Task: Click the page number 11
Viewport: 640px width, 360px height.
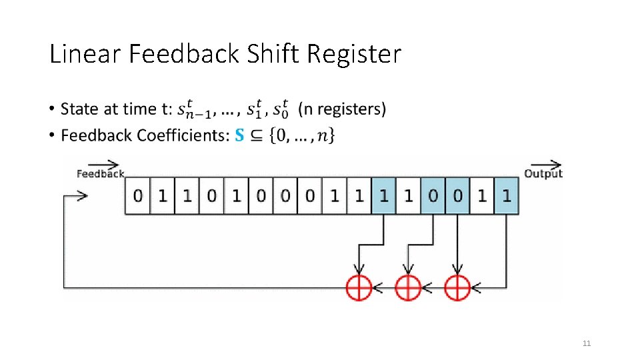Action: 587,343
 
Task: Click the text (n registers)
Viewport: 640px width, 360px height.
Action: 341,109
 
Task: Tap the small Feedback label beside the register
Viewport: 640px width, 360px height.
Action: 100,173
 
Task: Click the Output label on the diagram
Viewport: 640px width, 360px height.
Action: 543,173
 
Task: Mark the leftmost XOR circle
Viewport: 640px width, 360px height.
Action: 359,288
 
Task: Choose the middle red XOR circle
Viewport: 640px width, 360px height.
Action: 407,288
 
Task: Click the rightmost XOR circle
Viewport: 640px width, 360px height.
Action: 457,288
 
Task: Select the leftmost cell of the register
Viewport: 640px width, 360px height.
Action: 137,196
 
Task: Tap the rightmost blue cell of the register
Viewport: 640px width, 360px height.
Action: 507,196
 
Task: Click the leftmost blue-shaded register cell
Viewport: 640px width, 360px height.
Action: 383,196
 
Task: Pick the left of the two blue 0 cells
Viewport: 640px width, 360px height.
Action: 433,196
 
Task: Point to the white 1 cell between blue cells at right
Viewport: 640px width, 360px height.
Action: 482,196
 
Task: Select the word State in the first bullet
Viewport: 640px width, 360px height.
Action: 78,109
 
